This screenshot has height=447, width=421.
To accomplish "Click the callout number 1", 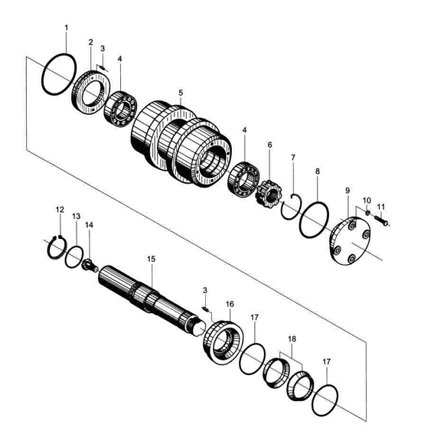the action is point(67,28).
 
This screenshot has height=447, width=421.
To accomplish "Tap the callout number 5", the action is point(181,93).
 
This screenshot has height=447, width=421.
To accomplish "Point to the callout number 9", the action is point(348,191).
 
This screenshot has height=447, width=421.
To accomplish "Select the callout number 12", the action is point(60,210).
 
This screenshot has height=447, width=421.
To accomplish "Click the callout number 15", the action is point(152,259).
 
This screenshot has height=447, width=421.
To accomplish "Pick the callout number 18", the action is point(292,338).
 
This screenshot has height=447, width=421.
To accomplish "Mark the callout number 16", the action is point(230,304).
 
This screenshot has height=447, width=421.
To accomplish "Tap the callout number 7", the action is point(293,157).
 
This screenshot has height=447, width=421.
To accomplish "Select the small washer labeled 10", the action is point(368,212).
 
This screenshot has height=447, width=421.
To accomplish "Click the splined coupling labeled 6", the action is point(269,194).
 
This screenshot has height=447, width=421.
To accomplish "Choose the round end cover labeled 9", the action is point(351,241).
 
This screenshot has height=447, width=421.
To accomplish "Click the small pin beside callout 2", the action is point(103,68).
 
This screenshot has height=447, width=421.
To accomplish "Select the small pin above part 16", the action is point(205,308).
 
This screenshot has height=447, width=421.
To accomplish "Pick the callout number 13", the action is point(76,216).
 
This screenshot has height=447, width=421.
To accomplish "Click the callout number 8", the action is point(318,171).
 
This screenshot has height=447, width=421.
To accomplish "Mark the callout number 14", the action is point(89,225).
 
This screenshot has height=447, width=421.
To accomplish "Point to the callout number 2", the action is point(90,42).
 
